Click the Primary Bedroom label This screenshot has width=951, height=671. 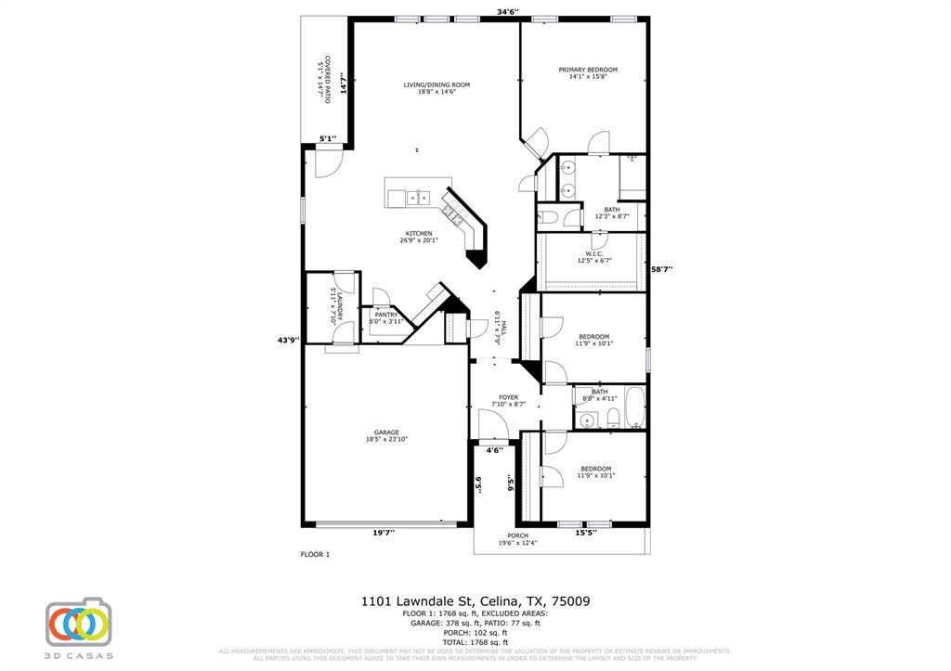[587, 70]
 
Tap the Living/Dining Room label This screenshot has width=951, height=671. [436, 84]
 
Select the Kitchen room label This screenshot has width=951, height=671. [418, 233]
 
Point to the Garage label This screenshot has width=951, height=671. [386, 432]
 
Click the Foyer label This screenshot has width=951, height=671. [508, 397]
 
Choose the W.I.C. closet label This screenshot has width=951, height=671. [594, 253]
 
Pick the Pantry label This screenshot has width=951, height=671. [385, 315]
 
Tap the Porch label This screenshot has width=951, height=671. [517, 536]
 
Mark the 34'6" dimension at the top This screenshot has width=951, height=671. [507, 12]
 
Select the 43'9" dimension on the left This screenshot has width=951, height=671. [289, 340]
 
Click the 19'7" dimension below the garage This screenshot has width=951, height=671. [384, 533]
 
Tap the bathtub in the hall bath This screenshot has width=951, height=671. [632, 408]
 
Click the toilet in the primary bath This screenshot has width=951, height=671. [549, 217]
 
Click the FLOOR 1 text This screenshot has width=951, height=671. [315, 554]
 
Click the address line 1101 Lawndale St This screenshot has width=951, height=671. [475, 601]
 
